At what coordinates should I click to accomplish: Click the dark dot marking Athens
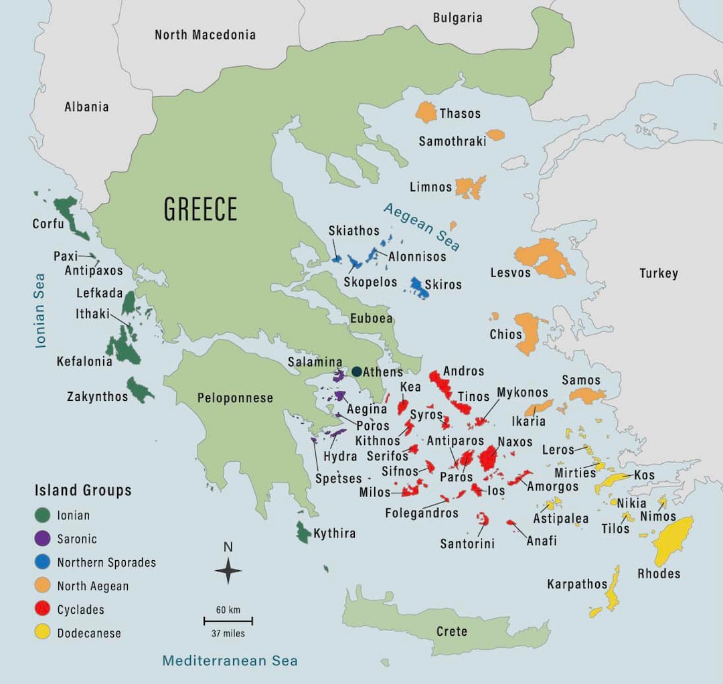357,371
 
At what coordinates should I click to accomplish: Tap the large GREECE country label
201,209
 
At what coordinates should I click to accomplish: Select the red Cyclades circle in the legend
44,609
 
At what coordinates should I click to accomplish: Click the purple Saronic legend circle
44,538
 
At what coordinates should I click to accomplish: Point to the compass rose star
228,571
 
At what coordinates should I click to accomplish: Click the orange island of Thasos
426,112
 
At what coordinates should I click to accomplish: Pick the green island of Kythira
303,532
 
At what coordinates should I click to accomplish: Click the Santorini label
467,543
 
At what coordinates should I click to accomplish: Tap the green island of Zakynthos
141,390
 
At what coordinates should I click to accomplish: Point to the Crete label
451,631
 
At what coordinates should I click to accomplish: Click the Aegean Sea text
422,226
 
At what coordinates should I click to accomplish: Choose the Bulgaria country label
457,18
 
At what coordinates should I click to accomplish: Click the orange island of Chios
528,333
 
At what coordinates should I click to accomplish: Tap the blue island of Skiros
420,287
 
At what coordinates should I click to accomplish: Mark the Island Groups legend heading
83,490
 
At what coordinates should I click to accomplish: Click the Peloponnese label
235,398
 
